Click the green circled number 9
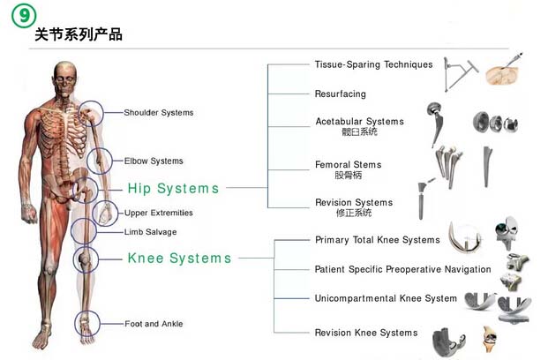(x=24, y=16)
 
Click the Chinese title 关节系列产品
(x=79, y=34)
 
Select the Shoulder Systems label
(x=159, y=113)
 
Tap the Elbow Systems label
(x=154, y=161)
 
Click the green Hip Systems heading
(x=173, y=189)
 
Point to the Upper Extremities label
(x=159, y=213)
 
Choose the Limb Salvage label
(x=151, y=232)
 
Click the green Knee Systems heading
(x=179, y=259)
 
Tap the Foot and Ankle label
(x=154, y=324)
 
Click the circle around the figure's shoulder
(x=103, y=114)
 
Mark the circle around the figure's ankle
(x=100, y=323)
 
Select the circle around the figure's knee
(x=98, y=259)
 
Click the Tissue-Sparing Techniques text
(x=373, y=64)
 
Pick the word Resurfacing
(x=341, y=94)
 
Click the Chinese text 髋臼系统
(x=360, y=131)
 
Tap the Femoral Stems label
(x=348, y=165)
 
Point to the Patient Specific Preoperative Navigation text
(x=402, y=269)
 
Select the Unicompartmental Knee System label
(x=386, y=298)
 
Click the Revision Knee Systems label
(x=366, y=333)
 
